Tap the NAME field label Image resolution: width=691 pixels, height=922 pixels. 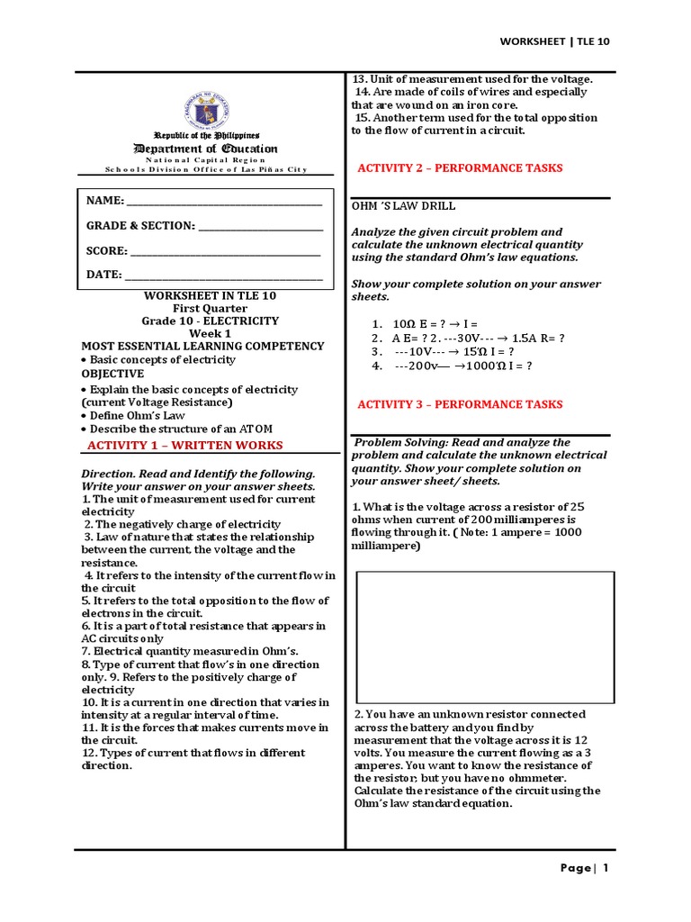(104, 202)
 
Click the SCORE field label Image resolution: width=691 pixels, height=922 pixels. (107, 251)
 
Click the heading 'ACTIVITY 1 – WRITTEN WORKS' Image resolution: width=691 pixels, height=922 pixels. (185, 446)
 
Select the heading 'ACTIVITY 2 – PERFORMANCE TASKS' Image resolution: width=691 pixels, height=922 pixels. (460, 168)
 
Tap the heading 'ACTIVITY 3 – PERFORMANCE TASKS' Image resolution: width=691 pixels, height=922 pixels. (460, 405)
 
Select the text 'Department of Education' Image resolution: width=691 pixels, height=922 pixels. (206, 149)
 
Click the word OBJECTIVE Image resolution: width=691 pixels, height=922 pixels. (112, 373)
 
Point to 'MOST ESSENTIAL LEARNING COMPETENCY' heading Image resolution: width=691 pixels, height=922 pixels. (203, 346)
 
